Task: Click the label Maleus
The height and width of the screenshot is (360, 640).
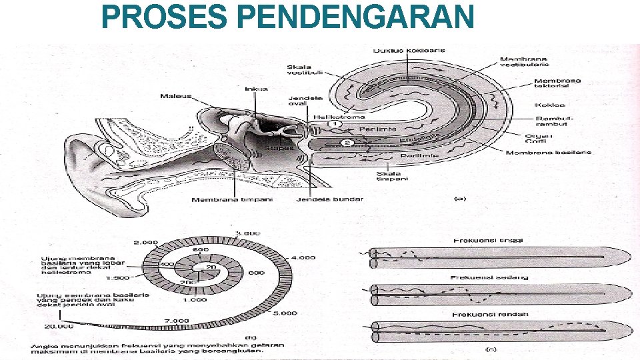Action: (175, 96)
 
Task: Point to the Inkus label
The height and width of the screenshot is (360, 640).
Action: (256, 89)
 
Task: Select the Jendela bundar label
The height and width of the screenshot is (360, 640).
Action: (321, 200)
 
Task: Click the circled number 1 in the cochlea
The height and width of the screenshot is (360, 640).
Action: (335, 123)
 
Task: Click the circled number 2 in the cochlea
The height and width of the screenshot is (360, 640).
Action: (347, 143)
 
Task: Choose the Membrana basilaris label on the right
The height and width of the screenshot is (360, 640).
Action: (548, 153)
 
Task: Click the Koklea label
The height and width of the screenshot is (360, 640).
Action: (550, 105)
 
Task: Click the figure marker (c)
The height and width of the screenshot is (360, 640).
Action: (493, 348)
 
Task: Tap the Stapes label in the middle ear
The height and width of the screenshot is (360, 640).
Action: (279, 148)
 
